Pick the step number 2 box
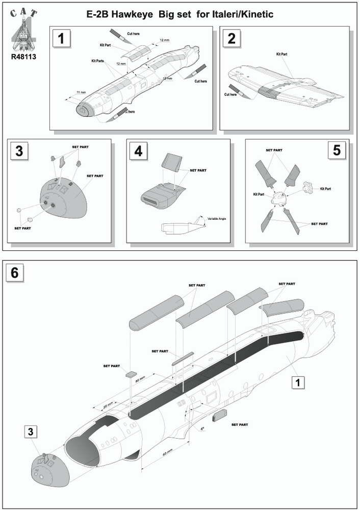(232, 38)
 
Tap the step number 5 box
(338, 151)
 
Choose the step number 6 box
(15, 273)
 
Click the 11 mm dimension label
(81, 92)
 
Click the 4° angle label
(202, 429)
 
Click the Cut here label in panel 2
(230, 94)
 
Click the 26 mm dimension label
(108, 406)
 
